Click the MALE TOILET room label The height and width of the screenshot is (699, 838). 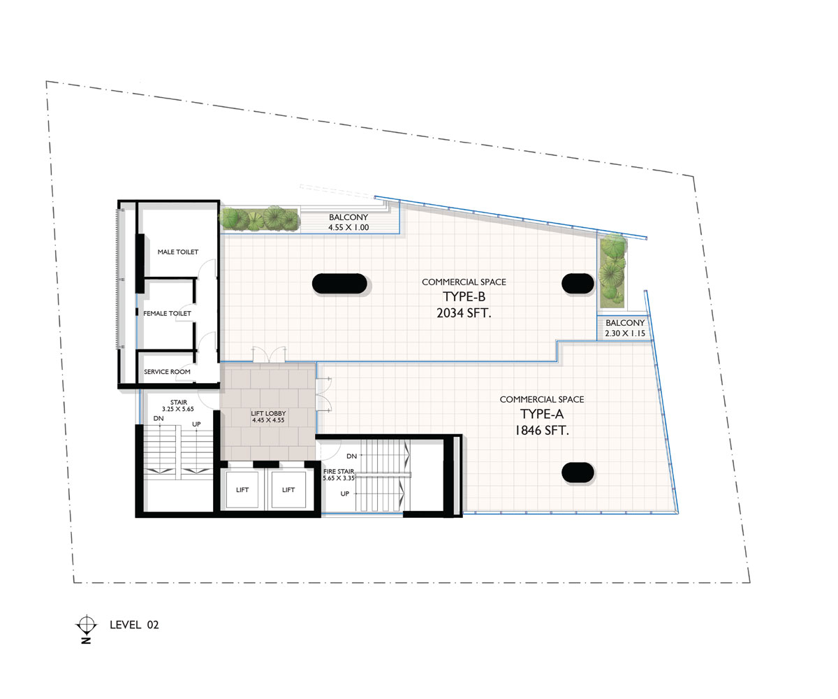[178, 252]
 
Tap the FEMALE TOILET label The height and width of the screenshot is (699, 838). [167, 313]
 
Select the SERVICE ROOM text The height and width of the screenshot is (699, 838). [167, 372]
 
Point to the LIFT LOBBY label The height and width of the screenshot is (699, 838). [268, 413]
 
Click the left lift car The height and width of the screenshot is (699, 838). [242, 490]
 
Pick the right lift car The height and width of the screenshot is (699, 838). [288, 490]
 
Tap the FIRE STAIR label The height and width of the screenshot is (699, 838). [339, 471]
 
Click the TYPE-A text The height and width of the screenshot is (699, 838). [542, 414]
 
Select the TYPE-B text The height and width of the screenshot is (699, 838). [464, 296]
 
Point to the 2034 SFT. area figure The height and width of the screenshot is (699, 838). [464, 313]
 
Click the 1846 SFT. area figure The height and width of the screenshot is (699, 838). [542, 431]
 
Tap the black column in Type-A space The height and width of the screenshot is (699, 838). [578, 473]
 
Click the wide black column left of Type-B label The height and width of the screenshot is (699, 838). [339, 284]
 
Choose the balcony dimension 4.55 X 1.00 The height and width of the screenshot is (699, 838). [348, 227]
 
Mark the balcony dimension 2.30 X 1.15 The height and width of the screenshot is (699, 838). [625, 333]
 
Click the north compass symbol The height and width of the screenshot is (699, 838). [87, 625]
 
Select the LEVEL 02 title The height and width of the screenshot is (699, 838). [134, 625]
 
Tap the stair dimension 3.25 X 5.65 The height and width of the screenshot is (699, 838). [178, 409]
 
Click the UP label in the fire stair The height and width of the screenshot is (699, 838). [345, 493]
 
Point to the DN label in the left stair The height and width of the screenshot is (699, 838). [159, 418]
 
